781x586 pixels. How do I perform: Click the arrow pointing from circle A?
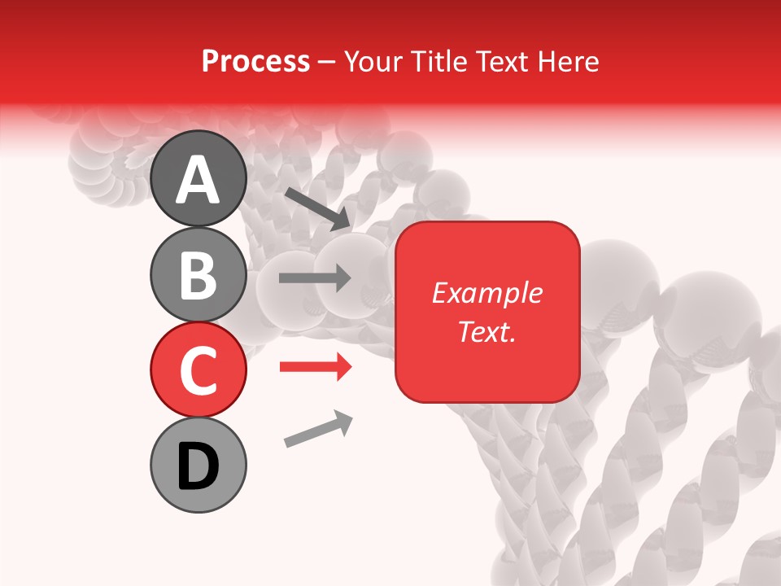click(x=316, y=208)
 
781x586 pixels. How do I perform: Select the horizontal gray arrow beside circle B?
click(x=315, y=278)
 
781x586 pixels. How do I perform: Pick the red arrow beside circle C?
click(x=315, y=368)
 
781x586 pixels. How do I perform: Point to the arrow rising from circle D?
click(x=318, y=430)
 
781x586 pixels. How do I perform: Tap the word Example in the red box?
click(x=487, y=293)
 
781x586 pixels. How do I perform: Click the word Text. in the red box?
click(x=487, y=332)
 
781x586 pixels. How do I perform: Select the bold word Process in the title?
click(x=255, y=61)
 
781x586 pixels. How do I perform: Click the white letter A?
click(x=198, y=180)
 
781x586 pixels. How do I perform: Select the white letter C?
click(x=198, y=370)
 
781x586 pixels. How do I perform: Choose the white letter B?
click(x=198, y=275)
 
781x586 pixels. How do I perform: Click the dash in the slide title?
click(x=327, y=62)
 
